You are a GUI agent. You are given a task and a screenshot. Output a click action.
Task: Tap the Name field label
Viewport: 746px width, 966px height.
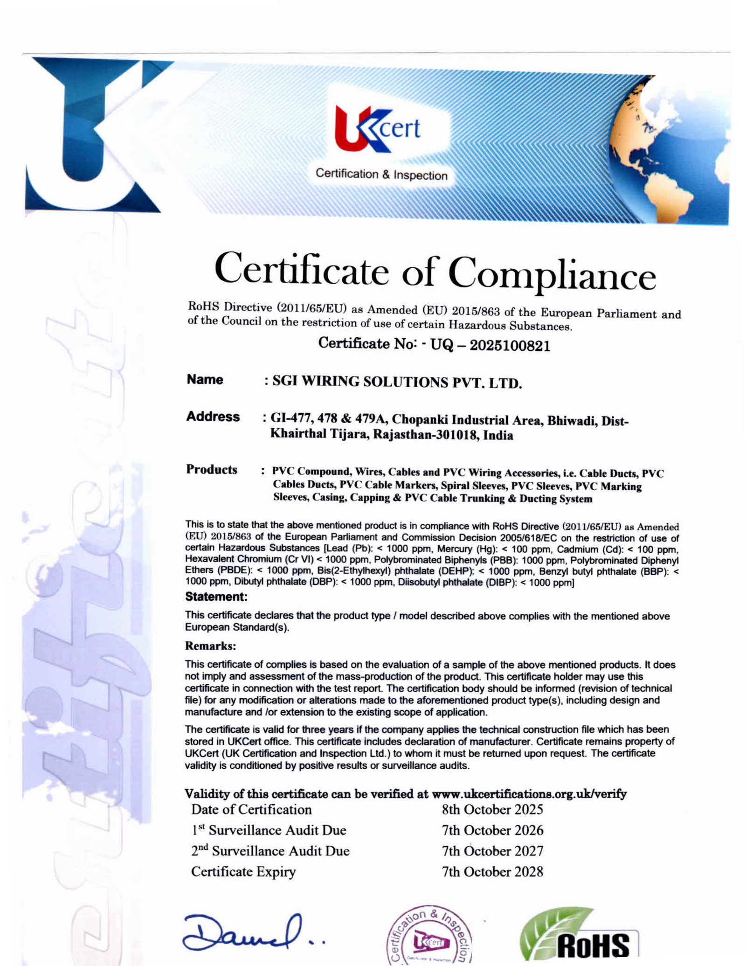[x=205, y=380]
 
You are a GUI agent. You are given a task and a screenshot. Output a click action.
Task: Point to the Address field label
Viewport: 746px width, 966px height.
[x=213, y=417]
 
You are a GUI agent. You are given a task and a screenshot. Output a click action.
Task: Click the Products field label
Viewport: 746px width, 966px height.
[x=211, y=469]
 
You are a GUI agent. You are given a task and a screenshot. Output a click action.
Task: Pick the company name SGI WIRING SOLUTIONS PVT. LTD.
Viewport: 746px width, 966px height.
[x=397, y=382]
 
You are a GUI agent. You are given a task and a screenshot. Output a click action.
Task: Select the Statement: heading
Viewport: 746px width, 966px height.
[x=216, y=597]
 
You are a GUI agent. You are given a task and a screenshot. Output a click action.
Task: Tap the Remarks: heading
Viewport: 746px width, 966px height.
[x=210, y=646]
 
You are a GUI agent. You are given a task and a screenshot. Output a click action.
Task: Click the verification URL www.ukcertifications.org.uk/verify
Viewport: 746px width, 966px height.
[x=529, y=793]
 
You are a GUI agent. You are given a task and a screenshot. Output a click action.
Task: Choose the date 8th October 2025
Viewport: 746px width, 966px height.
[x=492, y=809]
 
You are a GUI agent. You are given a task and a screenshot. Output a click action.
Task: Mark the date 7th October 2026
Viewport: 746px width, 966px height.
[x=492, y=830]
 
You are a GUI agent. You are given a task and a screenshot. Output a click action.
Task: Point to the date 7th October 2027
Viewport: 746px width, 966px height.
[x=492, y=851]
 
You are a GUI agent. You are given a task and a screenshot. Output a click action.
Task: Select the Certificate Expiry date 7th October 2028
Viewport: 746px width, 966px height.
[x=492, y=871]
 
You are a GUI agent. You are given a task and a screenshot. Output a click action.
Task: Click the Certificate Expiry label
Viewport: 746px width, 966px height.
[x=243, y=871]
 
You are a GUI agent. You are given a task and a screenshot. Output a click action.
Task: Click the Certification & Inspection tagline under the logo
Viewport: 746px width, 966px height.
[x=381, y=174]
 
